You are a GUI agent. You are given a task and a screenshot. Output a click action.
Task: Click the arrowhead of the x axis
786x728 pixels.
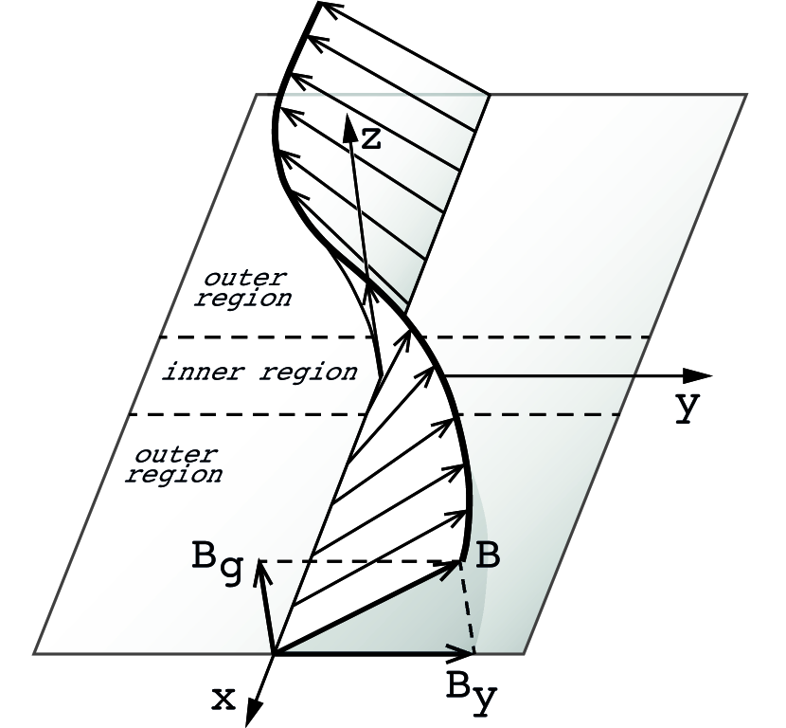click(253, 714)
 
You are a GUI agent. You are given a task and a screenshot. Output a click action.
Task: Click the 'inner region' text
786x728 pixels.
click(260, 372)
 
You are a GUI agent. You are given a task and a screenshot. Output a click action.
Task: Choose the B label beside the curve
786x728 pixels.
click(487, 556)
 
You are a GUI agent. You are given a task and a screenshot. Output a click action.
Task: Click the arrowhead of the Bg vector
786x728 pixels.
click(258, 573)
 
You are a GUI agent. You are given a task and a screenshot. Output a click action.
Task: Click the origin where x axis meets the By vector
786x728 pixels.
click(274, 653)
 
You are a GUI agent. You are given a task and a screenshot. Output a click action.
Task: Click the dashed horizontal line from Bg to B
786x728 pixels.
click(360, 561)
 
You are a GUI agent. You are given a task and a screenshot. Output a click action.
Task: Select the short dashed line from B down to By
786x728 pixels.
click(467, 607)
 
